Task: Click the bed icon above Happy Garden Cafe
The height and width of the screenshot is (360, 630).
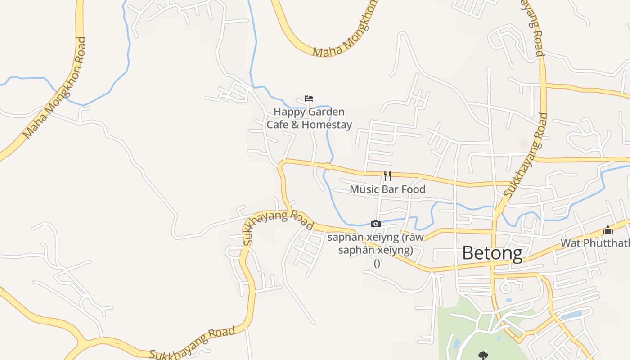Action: [309, 99]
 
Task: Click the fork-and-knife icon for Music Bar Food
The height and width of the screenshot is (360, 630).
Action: [387, 175]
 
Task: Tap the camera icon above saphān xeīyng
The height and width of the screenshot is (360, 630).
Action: [376, 224]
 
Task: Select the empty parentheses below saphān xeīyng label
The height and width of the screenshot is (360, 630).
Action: [377, 263]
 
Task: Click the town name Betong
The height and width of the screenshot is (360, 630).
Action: [492, 253]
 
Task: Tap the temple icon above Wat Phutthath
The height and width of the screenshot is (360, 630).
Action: [608, 230]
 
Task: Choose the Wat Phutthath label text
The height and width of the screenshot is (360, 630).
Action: [594, 243]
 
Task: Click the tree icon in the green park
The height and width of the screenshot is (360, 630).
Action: [483, 355]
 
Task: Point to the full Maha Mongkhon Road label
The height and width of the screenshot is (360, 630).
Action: [54, 88]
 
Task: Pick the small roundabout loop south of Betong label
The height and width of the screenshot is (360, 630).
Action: [506, 287]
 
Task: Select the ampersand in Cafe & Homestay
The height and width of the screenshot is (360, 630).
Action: [295, 125]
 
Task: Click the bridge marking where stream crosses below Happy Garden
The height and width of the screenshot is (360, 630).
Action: [327, 166]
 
